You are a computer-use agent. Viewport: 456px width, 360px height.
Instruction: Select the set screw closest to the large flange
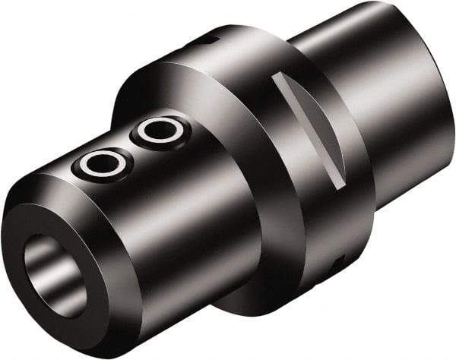point(160,131)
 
